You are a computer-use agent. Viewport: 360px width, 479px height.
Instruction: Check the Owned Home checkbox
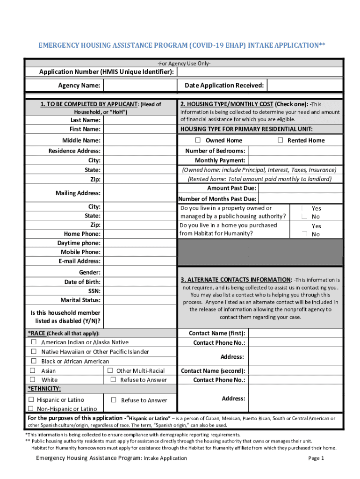(x=198, y=140)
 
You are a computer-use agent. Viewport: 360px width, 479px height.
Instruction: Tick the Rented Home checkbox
(x=281, y=140)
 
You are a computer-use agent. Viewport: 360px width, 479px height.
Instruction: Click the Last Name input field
(x=138, y=120)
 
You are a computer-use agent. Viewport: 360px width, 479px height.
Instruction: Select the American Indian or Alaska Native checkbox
(x=34, y=342)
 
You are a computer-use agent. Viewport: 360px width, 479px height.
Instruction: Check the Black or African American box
(x=34, y=361)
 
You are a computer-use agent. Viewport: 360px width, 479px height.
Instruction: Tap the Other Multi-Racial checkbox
(x=110, y=370)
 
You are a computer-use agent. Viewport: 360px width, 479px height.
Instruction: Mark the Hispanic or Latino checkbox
(x=31, y=399)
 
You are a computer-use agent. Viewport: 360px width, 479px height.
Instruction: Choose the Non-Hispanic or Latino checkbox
(x=31, y=409)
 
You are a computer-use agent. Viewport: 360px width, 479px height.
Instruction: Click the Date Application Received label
(x=224, y=86)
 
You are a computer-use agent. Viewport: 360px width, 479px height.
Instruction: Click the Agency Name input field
(x=138, y=86)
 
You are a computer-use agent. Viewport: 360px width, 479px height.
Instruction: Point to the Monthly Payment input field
(x=295, y=160)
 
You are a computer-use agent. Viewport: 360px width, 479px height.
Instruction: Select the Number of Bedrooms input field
(x=295, y=151)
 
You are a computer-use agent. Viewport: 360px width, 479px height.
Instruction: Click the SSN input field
(x=138, y=291)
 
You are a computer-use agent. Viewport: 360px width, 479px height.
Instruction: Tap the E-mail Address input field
(x=138, y=261)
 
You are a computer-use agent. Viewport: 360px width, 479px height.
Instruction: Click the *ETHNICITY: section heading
(x=44, y=389)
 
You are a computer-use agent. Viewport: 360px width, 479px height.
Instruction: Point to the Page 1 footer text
(x=316, y=458)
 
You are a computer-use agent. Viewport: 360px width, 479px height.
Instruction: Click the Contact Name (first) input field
(x=295, y=333)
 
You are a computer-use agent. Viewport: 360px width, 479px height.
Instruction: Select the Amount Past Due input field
(x=300, y=188)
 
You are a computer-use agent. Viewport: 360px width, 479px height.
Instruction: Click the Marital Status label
(x=80, y=300)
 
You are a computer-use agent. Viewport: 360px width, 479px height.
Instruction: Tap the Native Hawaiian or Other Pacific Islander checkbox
(x=34, y=352)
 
